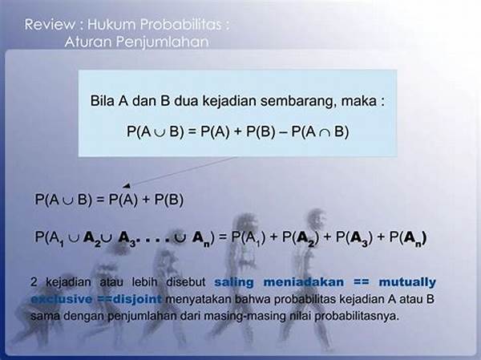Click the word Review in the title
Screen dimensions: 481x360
50,25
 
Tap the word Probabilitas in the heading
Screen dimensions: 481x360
180,25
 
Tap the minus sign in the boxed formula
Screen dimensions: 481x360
284,132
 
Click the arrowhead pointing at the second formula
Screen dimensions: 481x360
127,186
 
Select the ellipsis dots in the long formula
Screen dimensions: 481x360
152,239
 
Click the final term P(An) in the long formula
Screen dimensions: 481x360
408,238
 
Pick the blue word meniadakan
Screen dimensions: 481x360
303,282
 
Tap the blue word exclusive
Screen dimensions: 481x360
62,299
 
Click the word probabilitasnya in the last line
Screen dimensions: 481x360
357,316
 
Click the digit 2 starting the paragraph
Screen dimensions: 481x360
34,282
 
